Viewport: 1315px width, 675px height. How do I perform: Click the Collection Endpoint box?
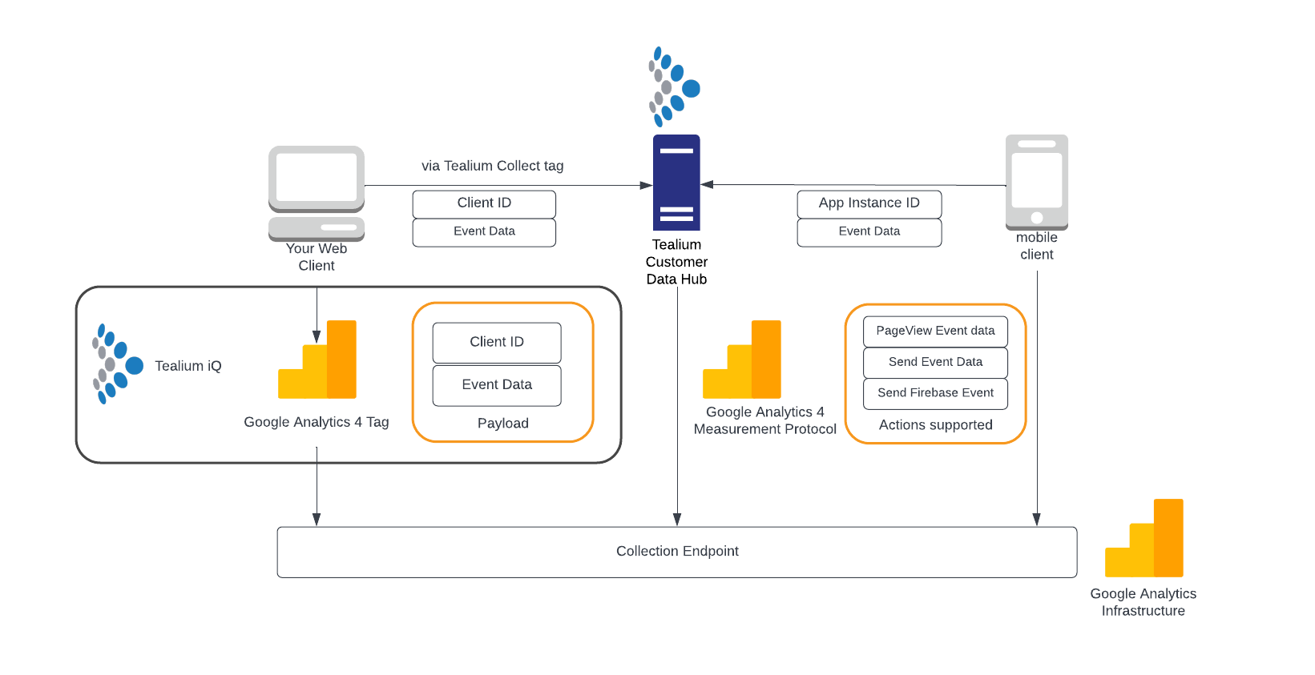point(677,552)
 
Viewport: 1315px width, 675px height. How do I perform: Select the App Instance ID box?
point(869,203)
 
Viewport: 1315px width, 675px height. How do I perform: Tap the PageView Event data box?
point(935,331)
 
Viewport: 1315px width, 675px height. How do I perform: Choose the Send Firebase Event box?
point(935,393)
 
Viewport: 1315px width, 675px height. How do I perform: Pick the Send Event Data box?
point(935,362)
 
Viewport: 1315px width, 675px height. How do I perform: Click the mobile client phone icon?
point(1036,182)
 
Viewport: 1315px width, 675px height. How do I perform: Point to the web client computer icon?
point(317,193)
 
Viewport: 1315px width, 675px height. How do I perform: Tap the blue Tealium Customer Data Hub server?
point(676,183)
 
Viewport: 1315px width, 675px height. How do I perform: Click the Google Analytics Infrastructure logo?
point(1144,538)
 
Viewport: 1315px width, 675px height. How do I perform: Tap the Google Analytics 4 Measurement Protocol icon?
point(742,360)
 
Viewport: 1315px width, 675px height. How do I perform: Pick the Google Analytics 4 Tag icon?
point(317,360)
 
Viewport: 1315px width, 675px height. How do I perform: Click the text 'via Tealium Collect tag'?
point(492,166)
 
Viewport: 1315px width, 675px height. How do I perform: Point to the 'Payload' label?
point(502,424)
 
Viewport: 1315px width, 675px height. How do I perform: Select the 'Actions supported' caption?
point(935,425)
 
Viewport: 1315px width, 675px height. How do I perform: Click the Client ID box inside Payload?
point(497,343)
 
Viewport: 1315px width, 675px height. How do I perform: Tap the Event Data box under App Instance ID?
point(869,232)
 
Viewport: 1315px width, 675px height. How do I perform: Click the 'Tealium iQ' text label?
point(188,366)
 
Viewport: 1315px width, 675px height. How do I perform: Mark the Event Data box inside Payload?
point(497,385)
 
